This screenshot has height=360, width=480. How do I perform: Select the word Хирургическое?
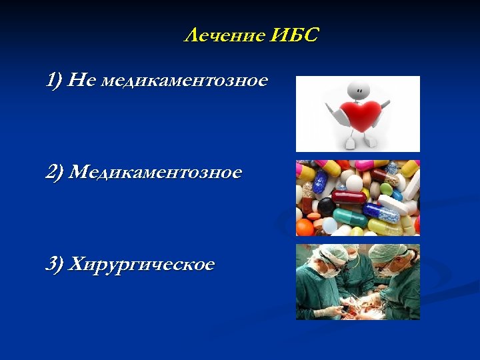pyautogui.click(x=142, y=264)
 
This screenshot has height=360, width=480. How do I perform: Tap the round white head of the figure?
pyautogui.click(x=358, y=88)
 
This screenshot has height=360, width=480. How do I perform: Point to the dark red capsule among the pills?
pyautogui.click(x=349, y=197)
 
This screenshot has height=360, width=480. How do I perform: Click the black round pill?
pyautogui.click(x=326, y=206)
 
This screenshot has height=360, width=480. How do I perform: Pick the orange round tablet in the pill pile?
pyautogui.click(x=305, y=227)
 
